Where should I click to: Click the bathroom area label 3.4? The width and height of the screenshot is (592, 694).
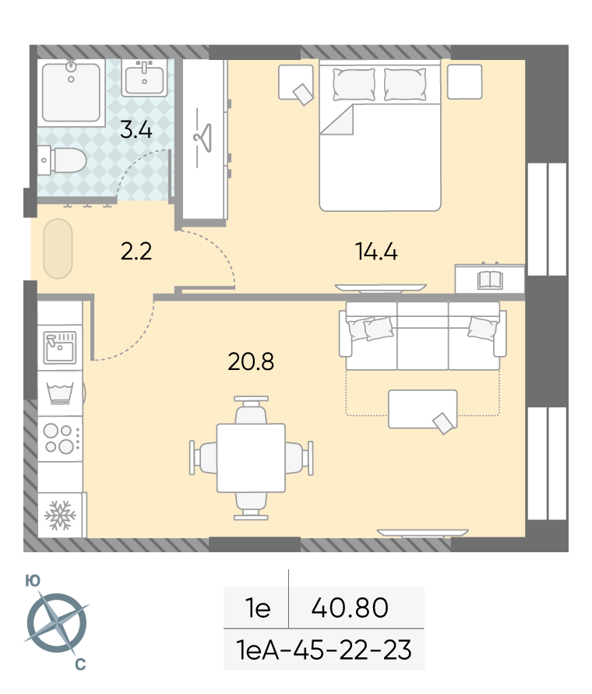click(x=136, y=130)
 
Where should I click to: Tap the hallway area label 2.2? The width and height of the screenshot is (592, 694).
click(x=136, y=252)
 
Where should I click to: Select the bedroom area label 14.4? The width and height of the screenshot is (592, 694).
click(x=376, y=252)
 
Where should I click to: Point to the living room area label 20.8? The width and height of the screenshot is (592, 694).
click(x=251, y=361)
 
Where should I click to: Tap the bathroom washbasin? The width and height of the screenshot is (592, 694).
click(x=144, y=79)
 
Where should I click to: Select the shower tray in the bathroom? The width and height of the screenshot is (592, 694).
click(x=72, y=91)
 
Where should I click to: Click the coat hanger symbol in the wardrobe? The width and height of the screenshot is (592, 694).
click(x=203, y=138)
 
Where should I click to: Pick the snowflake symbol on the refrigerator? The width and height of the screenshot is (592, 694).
click(x=60, y=515)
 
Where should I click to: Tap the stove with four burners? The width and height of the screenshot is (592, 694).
click(x=61, y=439)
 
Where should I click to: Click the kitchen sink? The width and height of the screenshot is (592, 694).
click(x=60, y=347)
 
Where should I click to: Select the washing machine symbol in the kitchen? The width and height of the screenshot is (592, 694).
click(x=60, y=393)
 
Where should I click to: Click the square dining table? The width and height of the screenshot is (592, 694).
click(x=251, y=458)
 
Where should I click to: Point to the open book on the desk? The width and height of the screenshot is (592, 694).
click(x=490, y=280)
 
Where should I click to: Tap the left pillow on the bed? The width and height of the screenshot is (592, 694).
click(x=354, y=84)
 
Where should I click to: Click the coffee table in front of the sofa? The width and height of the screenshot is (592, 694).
click(x=422, y=409)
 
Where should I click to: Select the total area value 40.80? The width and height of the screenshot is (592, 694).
click(x=350, y=608)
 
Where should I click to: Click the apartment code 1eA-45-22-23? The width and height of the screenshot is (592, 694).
click(x=324, y=650)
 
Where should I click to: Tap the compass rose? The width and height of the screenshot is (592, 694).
click(x=57, y=623)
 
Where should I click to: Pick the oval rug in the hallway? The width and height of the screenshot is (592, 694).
click(x=58, y=248)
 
